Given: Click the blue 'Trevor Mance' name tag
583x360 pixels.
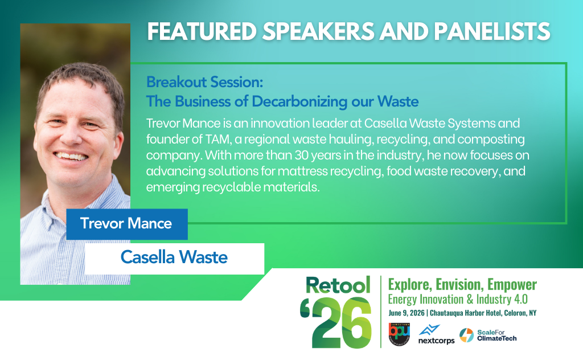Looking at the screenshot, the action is [127, 224].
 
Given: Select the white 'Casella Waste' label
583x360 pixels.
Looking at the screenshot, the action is [174, 258].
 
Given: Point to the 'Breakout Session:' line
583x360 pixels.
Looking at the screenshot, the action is [204, 82].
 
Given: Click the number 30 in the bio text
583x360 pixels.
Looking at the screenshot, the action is [302, 155].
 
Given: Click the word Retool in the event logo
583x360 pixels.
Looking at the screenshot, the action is [338, 285].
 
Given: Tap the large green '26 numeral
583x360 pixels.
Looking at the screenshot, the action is [336, 322].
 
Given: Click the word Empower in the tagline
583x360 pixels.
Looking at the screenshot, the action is [512, 285].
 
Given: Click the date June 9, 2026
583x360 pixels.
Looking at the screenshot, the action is [407, 313].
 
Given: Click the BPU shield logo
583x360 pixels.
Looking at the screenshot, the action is [399, 334].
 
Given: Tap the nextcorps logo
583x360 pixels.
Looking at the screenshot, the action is [436, 335].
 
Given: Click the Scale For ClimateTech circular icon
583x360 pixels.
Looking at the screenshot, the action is [466, 335].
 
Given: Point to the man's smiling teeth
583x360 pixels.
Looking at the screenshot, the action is [71, 156].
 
